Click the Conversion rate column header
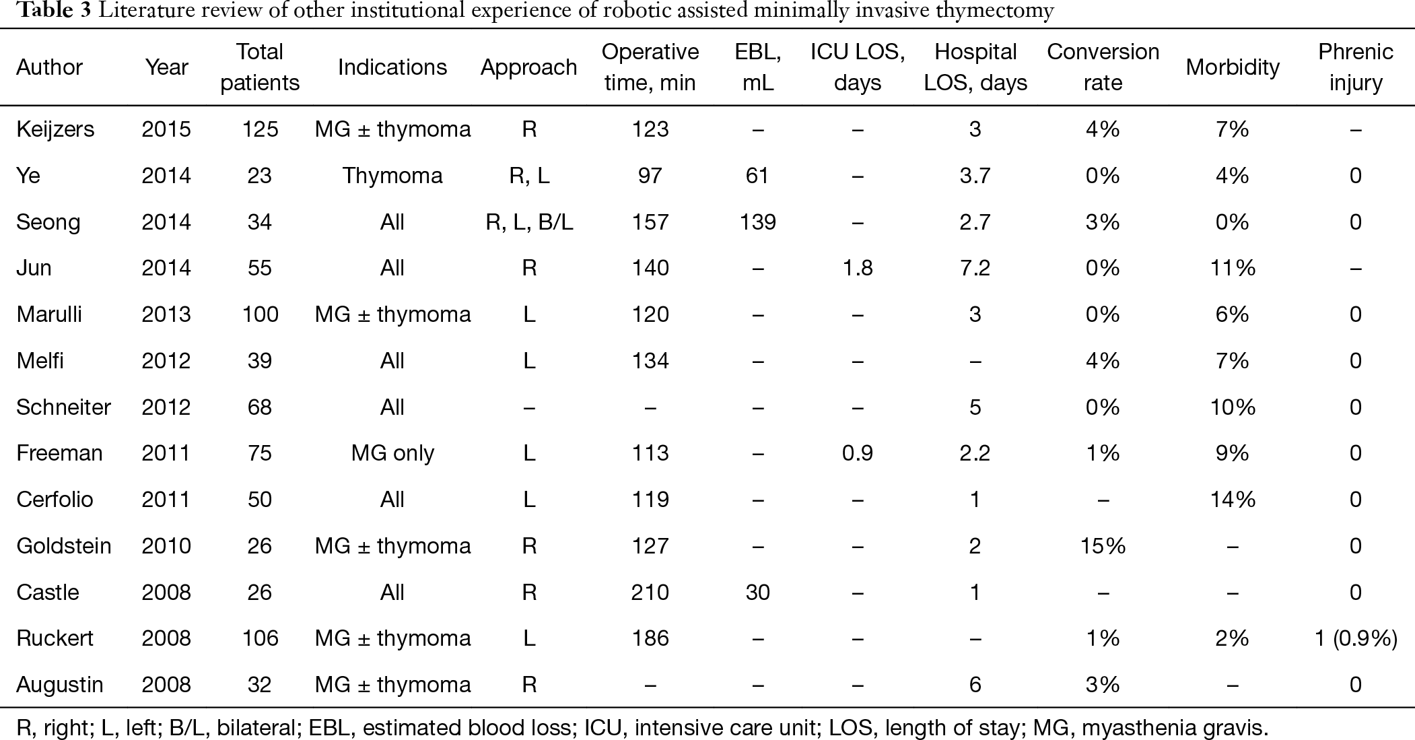coord(1103,67)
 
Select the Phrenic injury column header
coord(1356,67)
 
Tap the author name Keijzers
coord(55,129)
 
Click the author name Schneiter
coord(63,407)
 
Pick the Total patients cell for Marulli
coord(260,314)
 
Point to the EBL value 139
coord(758,222)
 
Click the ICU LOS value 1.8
coord(858,268)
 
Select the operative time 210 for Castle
coord(650,593)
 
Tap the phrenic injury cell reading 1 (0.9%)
coord(1356,638)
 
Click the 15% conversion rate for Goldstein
coord(1103,546)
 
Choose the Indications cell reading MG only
coord(392,454)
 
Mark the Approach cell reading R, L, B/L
coord(529,222)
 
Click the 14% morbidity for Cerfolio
coord(1233,500)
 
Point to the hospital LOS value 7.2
coord(975,268)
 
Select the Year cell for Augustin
coord(166,685)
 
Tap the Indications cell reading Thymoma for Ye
coord(392,176)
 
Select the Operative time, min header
coord(650,67)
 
